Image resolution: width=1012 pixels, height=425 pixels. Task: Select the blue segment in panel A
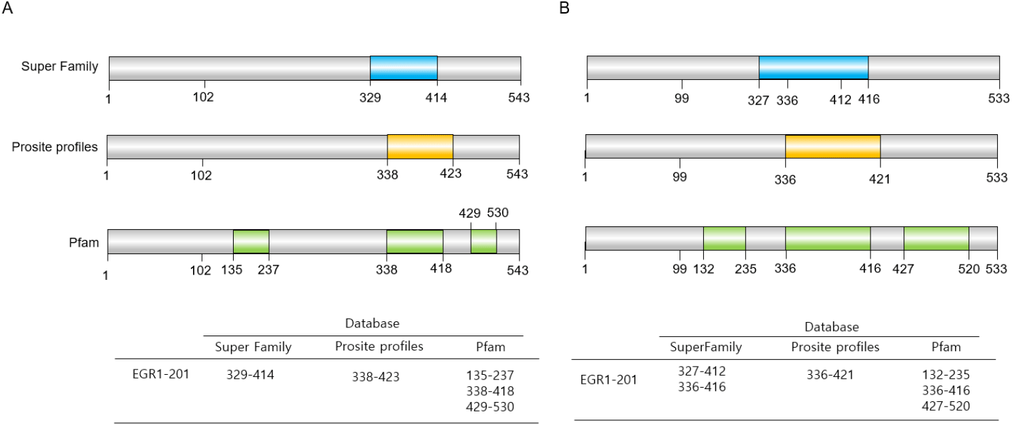click(404, 68)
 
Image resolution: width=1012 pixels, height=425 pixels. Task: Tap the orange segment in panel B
click(832, 147)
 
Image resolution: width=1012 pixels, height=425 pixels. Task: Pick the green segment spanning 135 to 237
click(251, 241)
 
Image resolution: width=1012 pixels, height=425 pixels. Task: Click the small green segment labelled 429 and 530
click(484, 241)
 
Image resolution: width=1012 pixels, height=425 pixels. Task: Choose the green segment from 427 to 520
click(936, 239)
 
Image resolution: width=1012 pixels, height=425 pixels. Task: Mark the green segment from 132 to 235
click(724, 239)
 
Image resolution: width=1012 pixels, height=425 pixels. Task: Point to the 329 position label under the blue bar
click(371, 97)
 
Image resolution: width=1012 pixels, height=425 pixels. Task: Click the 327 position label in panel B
click(758, 99)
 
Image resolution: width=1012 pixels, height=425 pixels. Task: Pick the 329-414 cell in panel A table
click(250, 373)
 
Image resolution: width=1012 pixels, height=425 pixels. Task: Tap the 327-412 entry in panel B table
click(701, 371)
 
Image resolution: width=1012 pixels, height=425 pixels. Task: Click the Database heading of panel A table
click(363, 323)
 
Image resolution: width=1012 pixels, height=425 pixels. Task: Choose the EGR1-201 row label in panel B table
click(608, 380)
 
